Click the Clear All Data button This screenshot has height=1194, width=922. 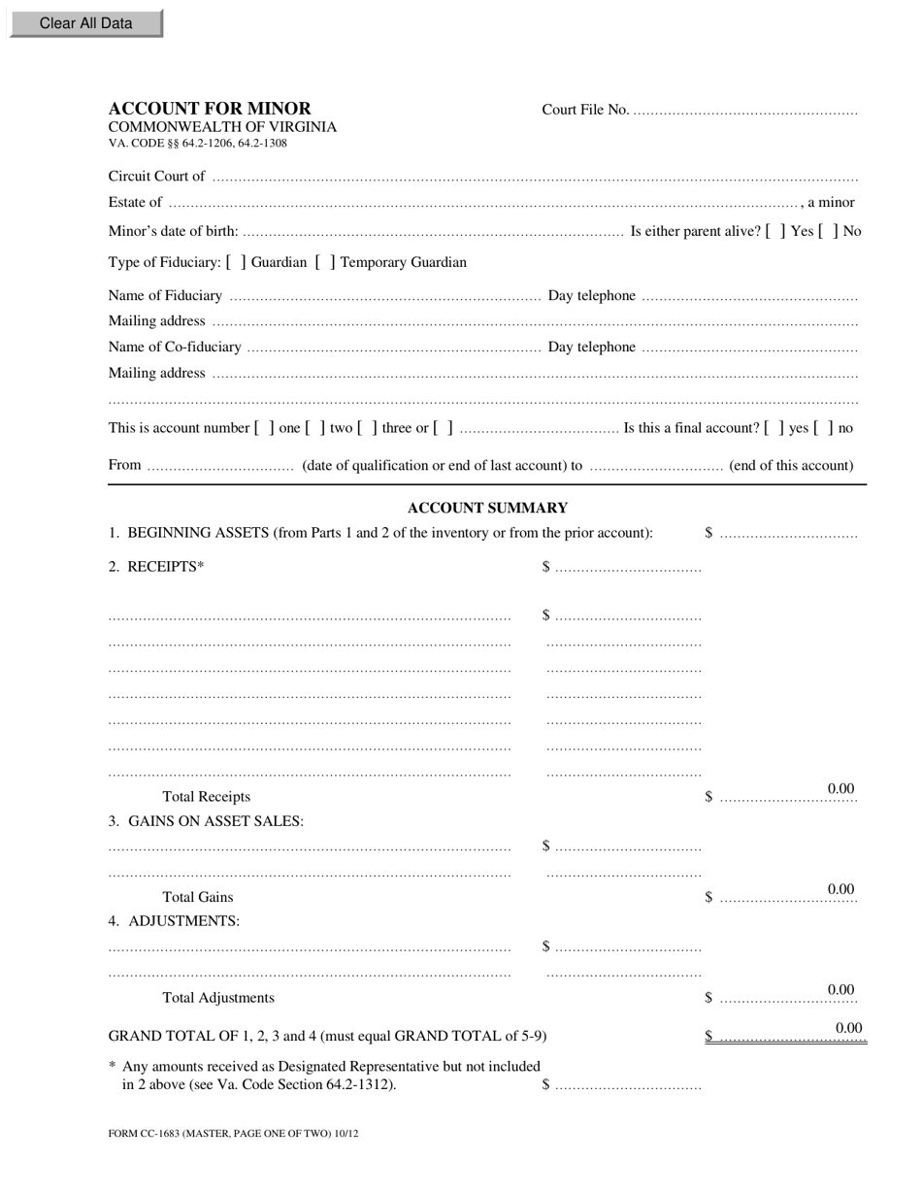85,23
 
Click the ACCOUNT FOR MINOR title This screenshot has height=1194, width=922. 210,109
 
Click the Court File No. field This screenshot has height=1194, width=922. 745,110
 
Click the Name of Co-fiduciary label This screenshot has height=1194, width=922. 175,347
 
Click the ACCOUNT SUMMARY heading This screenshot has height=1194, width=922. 487,508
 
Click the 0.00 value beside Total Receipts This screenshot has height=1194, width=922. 840,789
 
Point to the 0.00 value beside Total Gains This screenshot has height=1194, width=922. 840,889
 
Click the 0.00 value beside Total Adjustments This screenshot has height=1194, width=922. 840,990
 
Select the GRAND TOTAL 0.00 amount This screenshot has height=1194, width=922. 848,1028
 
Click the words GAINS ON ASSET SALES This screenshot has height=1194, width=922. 215,821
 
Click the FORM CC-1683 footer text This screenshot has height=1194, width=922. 233,1133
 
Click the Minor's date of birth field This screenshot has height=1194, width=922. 432,231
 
